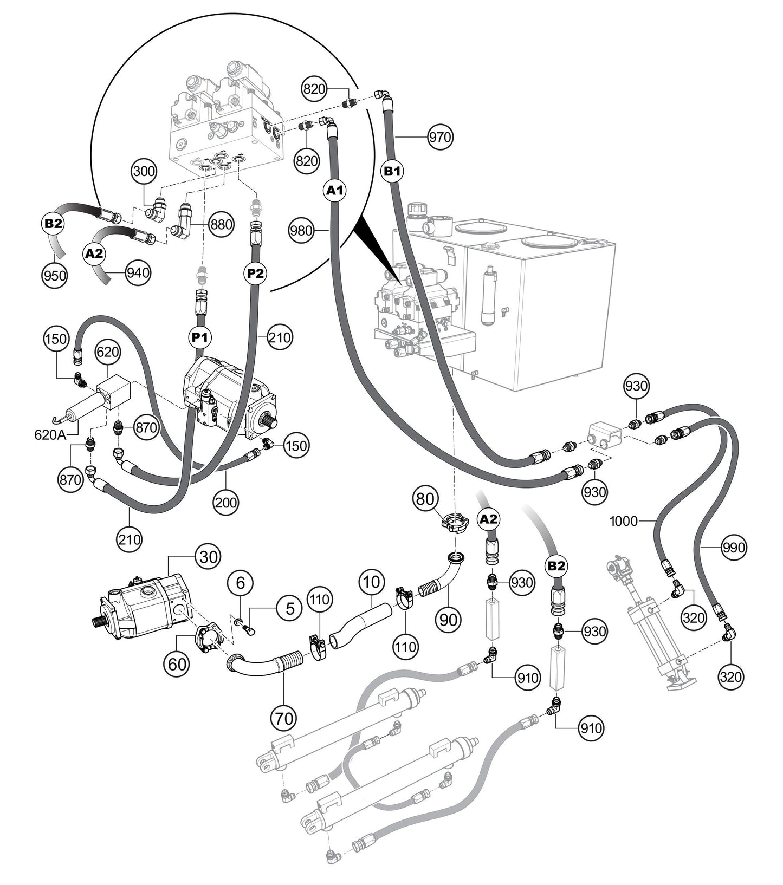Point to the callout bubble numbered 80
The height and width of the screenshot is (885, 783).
(x=425, y=498)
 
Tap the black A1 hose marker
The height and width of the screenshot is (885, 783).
(x=335, y=191)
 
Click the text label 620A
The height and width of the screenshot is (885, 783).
(x=50, y=434)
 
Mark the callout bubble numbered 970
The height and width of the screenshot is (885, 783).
(x=439, y=137)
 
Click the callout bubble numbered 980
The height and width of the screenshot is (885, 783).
(x=301, y=231)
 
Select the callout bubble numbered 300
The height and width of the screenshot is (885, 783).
(x=144, y=172)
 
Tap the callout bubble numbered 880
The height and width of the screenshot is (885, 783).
(x=221, y=224)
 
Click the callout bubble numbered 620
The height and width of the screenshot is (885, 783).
(x=107, y=352)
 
